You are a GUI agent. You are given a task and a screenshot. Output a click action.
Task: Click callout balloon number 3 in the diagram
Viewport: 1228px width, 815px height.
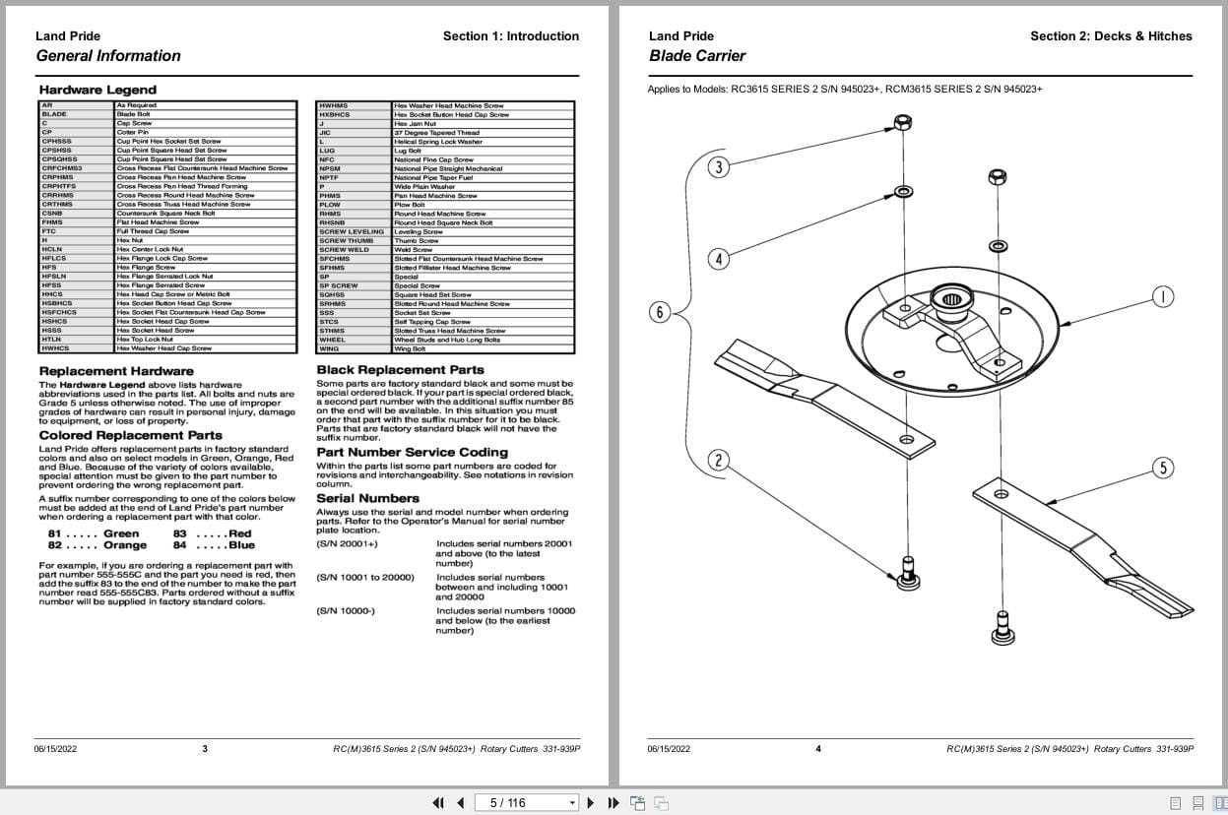pos(719,167)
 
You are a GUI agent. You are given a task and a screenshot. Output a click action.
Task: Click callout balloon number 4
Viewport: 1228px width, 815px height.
pos(719,260)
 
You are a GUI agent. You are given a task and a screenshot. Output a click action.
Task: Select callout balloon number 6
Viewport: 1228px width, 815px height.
pos(660,313)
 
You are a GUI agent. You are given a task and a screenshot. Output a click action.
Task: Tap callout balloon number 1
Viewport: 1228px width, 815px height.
pos(1162,296)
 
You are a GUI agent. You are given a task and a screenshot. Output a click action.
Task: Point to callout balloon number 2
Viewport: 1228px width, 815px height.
pos(719,460)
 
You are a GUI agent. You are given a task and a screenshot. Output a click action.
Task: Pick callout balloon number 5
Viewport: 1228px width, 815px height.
pos(1163,468)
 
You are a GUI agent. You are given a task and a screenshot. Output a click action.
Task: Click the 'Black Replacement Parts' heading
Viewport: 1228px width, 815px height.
pos(400,370)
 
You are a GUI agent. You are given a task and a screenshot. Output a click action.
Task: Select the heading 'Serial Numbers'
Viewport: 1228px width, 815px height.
pos(367,498)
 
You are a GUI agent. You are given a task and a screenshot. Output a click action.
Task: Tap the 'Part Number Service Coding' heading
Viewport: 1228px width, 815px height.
pos(412,453)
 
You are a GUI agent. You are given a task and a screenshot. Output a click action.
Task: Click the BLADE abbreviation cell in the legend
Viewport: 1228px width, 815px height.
pos(54,114)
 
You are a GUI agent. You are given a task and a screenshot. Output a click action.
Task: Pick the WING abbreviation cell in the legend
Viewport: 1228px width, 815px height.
pos(329,348)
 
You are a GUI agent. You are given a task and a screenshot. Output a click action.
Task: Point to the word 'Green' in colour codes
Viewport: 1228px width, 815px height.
pos(121,533)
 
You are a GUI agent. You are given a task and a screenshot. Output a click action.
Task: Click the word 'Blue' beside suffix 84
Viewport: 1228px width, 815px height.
pos(241,545)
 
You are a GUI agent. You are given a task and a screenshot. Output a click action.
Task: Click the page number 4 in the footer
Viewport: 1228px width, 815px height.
pos(817,749)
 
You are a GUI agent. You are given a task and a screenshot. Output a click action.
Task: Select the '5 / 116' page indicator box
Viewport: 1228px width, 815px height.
pos(527,802)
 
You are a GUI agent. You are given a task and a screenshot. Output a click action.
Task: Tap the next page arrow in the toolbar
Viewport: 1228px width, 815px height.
pos(591,802)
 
